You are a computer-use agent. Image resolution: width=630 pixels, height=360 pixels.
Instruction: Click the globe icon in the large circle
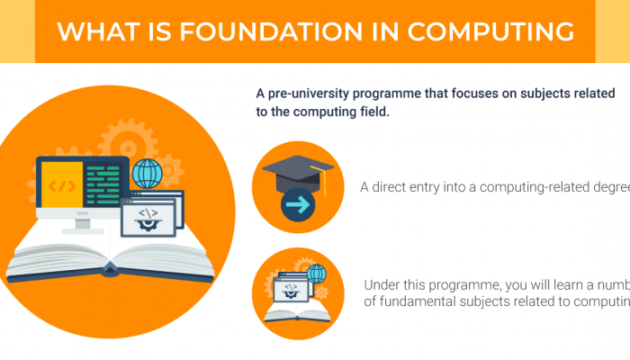(x=146, y=172)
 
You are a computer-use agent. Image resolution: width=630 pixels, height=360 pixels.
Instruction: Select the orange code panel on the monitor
(x=60, y=186)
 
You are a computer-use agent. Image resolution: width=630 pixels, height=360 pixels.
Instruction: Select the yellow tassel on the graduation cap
(x=326, y=186)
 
